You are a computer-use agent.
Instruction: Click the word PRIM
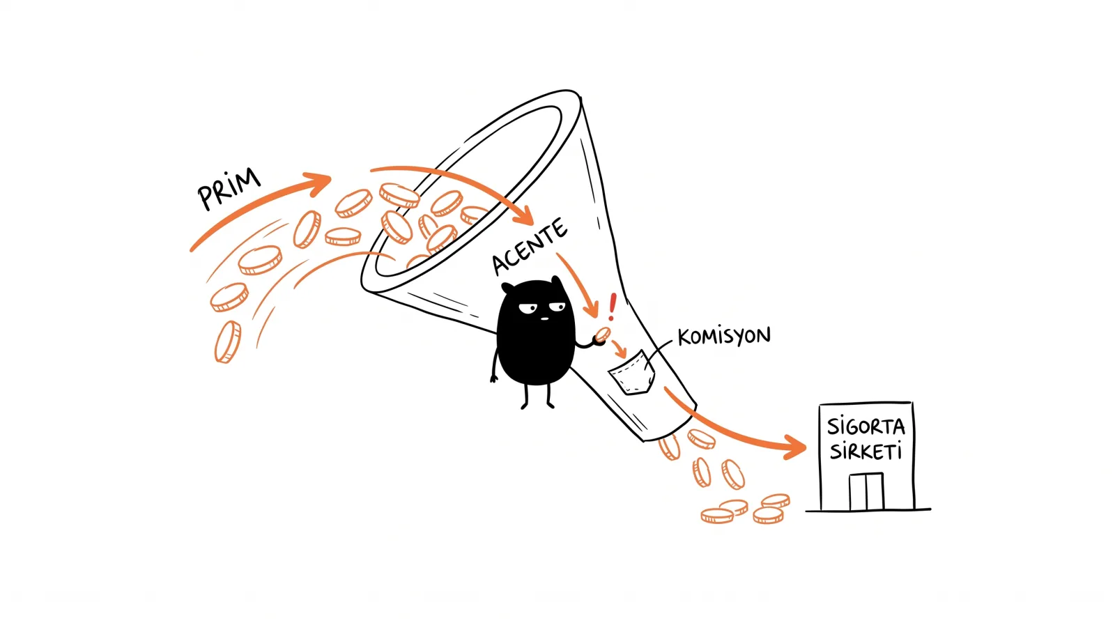point(229,189)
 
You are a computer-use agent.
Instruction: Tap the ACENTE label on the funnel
point(530,247)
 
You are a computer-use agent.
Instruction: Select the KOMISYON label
point(724,336)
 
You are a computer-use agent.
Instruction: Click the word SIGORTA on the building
point(866,427)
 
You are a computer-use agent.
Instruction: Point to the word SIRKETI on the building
point(866,452)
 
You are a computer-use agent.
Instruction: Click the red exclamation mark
point(613,306)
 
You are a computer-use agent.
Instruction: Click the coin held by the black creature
point(603,334)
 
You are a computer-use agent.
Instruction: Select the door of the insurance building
point(866,491)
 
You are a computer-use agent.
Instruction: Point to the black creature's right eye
point(557,307)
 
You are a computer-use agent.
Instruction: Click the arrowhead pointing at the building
point(795,447)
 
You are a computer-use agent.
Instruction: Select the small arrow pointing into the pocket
point(620,349)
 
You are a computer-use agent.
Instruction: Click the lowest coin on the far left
point(228,342)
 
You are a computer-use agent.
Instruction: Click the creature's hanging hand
point(494,378)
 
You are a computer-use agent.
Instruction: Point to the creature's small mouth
point(544,318)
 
